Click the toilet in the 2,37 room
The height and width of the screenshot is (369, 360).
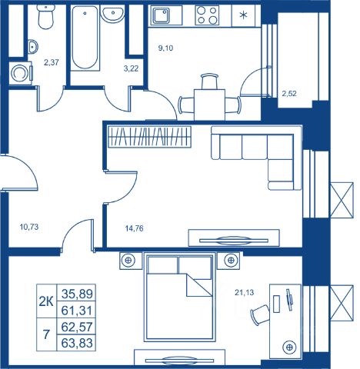(45, 17)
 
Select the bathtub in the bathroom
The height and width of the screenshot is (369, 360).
(85, 38)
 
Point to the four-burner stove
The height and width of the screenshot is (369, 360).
(207, 15)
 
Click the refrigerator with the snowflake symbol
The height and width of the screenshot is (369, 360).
(243, 15)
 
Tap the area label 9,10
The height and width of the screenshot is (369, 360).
(165, 48)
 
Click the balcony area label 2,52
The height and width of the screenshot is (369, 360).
(289, 94)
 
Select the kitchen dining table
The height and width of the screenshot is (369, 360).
(209, 105)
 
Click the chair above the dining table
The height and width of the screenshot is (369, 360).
(209, 81)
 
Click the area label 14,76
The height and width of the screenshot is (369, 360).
(134, 228)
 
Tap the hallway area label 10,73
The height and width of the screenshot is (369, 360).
(29, 227)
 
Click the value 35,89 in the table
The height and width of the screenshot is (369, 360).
(77, 294)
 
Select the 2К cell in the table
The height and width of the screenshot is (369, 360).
(46, 302)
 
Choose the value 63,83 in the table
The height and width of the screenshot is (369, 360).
(77, 343)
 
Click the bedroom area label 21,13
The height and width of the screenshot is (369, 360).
(245, 292)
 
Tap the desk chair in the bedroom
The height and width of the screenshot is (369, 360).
(260, 315)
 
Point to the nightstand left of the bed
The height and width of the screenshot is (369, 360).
(131, 261)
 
